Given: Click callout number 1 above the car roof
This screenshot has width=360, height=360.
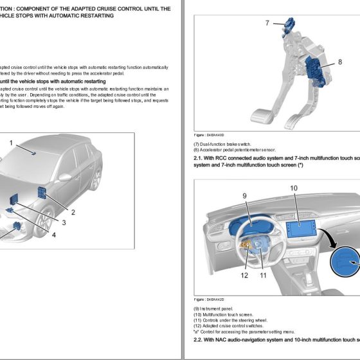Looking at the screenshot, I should (11, 143).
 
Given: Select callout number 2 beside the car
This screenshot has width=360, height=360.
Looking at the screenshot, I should (73, 212).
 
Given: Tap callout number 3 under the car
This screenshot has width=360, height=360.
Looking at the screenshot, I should (64, 222).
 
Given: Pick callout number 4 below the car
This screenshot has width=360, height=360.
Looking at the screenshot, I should (53, 235).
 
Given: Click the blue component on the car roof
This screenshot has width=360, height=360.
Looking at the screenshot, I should (33, 154).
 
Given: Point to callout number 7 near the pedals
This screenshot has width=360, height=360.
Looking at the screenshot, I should (267, 23).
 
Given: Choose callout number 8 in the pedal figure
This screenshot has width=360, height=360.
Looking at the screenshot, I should (340, 62).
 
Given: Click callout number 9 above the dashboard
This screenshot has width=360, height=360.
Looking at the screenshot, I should (245, 195).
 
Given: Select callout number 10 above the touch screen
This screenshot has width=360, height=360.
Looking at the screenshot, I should (293, 188).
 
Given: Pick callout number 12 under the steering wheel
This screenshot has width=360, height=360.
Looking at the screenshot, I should (244, 275).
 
